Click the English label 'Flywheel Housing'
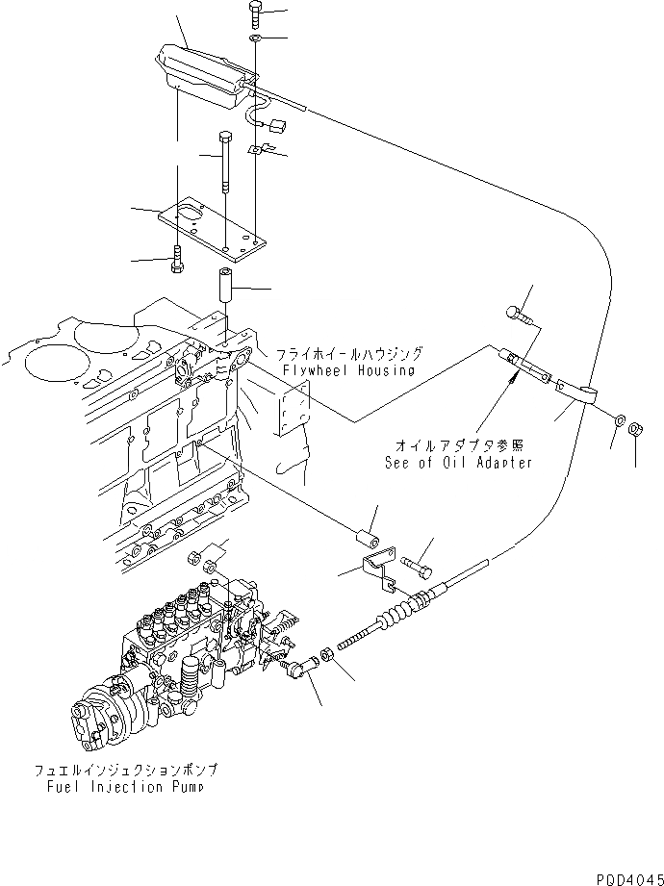(349, 370)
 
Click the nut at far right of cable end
(635, 429)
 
